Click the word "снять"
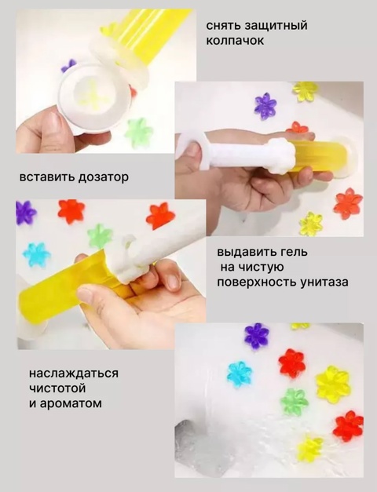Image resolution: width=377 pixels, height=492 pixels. tap(224, 26)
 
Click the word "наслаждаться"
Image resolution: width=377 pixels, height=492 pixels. tap(73, 373)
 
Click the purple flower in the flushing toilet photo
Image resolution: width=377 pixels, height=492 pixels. tap(256, 335)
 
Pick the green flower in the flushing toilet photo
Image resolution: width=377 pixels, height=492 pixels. tap(295, 401)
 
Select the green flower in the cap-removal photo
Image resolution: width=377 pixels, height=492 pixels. tap(138, 131)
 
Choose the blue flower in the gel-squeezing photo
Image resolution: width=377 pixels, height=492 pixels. tap(36, 253)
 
